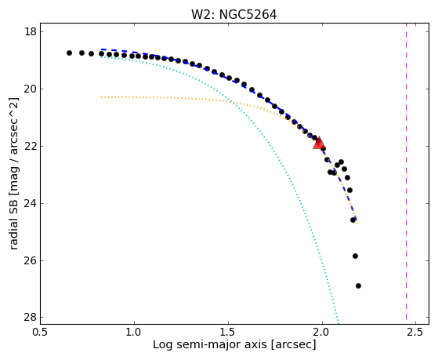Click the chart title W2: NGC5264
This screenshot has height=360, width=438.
click(233, 15)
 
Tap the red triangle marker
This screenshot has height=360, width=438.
click(319, 143)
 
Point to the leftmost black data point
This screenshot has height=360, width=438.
click(69, 53)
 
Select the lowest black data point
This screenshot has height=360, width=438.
click(358, 285)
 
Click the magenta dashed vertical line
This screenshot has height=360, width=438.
click(406, 171)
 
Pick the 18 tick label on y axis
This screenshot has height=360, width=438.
click(31, 31)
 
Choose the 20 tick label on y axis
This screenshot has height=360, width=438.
click(31, 89)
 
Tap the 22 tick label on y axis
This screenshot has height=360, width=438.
click(31, 147)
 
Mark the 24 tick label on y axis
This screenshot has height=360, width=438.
click(31, 203)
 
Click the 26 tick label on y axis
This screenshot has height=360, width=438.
click(31, 260)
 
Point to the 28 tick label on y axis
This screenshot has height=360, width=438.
click(31, 318)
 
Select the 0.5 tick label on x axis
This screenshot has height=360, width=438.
click(41, 332)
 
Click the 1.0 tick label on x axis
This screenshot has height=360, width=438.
click(134, 332)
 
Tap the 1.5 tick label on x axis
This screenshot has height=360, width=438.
click(228, 332)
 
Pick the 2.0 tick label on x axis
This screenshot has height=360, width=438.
click(322, 332)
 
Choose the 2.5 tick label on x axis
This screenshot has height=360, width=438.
click(416, 332)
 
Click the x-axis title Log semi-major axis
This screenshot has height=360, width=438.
click(210, 345)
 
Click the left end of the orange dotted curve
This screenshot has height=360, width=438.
click(102, 97)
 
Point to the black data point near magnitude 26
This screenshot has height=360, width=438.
click(355, 256)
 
